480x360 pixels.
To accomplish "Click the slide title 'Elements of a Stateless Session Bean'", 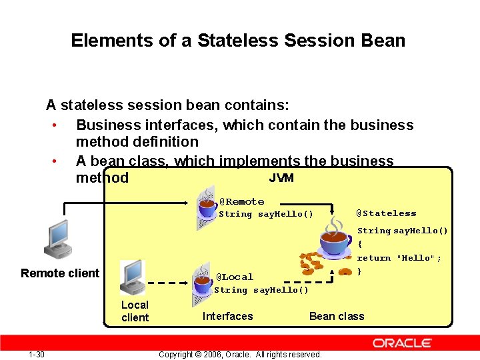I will pos(238,41).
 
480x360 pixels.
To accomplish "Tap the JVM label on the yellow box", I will pos(281,178).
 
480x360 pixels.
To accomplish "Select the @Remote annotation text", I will pos(241,201).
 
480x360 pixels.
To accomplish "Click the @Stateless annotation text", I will pos(385,213).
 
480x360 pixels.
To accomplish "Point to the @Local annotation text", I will pos(235,277).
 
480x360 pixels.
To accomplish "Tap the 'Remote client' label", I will pos(60,273).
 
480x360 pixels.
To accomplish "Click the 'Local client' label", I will pos(135,311).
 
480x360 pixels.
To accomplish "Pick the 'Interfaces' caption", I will pos(227,317).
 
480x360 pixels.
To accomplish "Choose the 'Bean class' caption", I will pos(337,317).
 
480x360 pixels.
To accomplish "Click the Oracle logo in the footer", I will pos(402,343).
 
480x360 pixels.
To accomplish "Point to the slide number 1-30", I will pos(37,354).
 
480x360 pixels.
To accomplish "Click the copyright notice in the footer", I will pos(240,354).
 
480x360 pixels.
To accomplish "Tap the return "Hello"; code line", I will pos(399,258).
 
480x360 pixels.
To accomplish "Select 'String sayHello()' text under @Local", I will pos(261,290).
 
